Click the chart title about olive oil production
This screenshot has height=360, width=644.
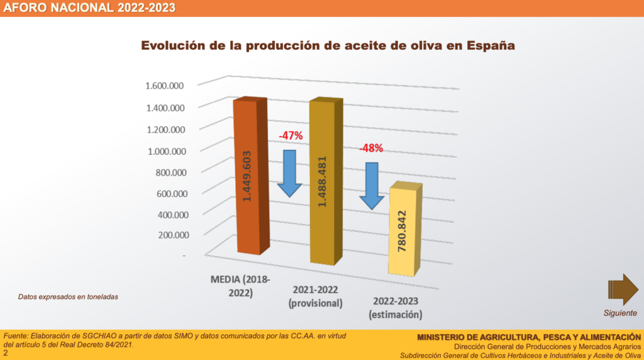[x=328, y=46]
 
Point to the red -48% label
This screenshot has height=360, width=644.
[x=371, y=149]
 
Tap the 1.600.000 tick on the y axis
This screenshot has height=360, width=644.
[x=164, y=86]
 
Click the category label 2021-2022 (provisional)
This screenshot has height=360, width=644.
[x=316, y=296]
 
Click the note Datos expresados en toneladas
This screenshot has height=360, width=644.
[x=68, y=296]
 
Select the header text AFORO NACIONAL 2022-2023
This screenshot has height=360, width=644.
[x=89, y=8]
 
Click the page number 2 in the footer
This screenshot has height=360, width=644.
[x=6, y=354]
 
